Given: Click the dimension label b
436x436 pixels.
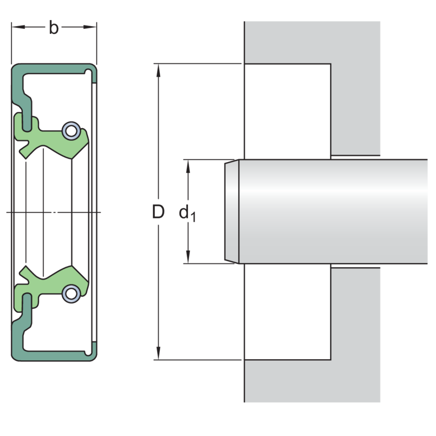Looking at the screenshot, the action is (53, 28).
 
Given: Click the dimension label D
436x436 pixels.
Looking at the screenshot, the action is (158, 211).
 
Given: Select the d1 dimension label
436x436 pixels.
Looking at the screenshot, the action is (187, 213).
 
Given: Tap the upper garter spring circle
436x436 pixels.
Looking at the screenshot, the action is (71, 131).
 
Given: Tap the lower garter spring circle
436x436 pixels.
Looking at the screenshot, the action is (71, 294).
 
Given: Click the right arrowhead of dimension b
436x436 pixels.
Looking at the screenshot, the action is (90, 27).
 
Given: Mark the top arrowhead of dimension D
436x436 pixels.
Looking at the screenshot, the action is (159, 70).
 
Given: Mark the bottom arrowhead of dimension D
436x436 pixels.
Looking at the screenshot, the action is (159, 353).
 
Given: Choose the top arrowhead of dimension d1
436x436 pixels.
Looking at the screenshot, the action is (188, 166).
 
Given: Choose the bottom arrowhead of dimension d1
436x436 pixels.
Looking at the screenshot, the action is (188, 257).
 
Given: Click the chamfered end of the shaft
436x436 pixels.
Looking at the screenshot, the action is (232, 211).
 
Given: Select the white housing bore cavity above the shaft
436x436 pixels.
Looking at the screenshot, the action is (288, 111).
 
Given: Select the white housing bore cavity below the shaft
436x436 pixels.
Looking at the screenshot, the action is (288, 311).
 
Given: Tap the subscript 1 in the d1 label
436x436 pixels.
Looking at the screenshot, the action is (193, 217).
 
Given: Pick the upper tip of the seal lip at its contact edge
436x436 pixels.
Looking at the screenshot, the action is (72, 159).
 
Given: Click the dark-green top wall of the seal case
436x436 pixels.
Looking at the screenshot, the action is (54, 69).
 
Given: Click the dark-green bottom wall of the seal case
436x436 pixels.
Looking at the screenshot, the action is (54, 356).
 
